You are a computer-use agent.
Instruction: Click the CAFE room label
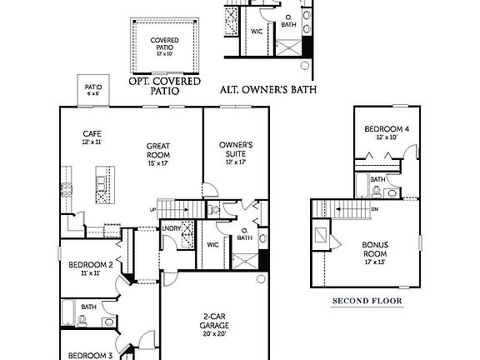(x=92, y=133)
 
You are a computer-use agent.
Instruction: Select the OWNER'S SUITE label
(x=236, y=149)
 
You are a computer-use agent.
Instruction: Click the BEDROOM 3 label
(x=91, y=354)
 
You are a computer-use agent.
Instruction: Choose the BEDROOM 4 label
(x=386, y=128)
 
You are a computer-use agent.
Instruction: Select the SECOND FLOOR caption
(x=367, y=300)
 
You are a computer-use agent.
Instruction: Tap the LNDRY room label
(x=172, y=228)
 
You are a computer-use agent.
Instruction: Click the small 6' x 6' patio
(x=92, y=89)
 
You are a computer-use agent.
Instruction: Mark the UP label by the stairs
(x=152, y=209)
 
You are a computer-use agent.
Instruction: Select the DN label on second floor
(x=375, y=209)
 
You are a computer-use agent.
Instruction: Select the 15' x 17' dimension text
(x=158, y=163)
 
